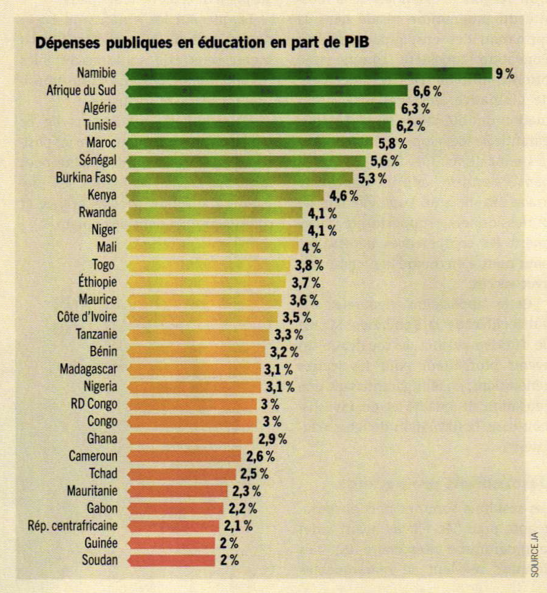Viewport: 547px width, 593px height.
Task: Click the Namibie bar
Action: pyautogui.click(x=309, y=74)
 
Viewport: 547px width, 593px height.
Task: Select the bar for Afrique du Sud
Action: pyautogui.click(x=267, y=91)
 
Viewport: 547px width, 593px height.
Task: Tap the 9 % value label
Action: pyautogui.click(x=505, y=74)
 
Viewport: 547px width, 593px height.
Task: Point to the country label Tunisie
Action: pyautogui.click(x=100, y=125)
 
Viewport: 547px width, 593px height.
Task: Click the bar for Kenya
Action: pyautogui.click(x=225, y=196)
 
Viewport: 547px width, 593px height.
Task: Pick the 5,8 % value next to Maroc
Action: pyautogui.click(x=393, y=144)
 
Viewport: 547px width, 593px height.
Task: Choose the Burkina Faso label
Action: pyautogui.click(x=86, y=178)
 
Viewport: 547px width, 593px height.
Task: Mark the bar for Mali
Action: pyautogui.click(x=212, y=248)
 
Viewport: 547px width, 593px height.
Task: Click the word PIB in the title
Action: pyautogui.click(x=356, y=42)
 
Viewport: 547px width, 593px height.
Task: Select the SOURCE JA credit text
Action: pyautogui.click(x=534, y=555)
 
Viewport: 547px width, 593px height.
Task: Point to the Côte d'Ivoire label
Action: pyautogui.click(x=87, y=317)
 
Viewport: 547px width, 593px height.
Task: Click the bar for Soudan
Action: pyautogui.click(x=171, y=561)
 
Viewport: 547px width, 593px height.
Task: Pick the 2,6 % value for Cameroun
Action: pyautogui.click(x=260, y=457)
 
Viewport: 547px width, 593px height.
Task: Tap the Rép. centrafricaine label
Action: pyautogui.click(x=73, y=526)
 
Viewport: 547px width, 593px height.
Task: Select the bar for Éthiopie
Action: pyautogui.click(x=207, y=282)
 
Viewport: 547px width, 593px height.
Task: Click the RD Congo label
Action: pyautogui.click(x=94, y=404)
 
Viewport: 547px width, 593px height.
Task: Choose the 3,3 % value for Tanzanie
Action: pyautogui.click(x=288, y=335)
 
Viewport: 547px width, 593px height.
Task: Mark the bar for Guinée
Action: pyautogui.click(x=171, y=543)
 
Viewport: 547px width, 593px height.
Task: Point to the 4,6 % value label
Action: pyautogui.click(x=344, y=196)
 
